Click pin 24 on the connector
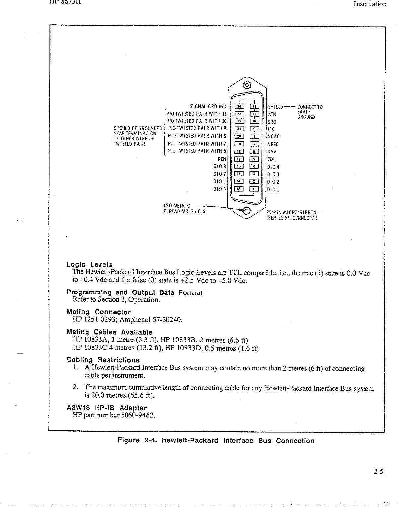[x=239, y=106]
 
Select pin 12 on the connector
[x=254, y=106]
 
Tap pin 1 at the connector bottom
[x=254, y=189]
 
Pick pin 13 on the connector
[x=239, y=189]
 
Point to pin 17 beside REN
[x=239, y=159]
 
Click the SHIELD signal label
[x=275, y=107]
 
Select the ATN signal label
[x=272, y=114]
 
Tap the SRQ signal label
[x=272, y=122]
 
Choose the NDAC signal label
[x=273, y=137]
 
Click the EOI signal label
[x=271, y=159]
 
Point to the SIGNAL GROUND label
[x=208, y=107]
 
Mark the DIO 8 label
[x=220, y=166]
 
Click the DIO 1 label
[x=273, y=190]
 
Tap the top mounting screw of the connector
[x=247, y=85]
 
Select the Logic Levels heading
[x=89, y=265]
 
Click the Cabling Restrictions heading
[x=103, y=360]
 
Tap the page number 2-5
[x=378, y=472]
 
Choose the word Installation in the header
[x=370, y=4]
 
